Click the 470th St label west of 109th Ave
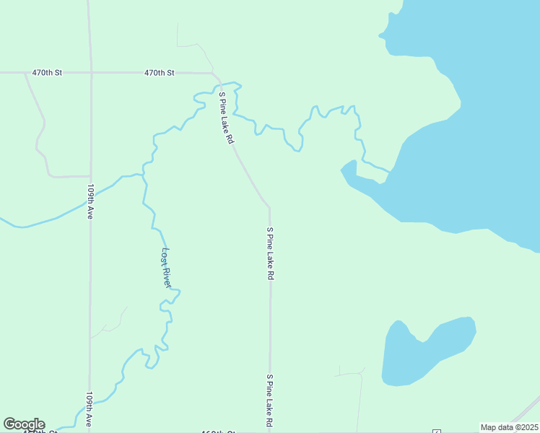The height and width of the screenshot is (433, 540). tap(47, 73)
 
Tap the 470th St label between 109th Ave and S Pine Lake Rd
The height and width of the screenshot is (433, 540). tap(159, 73)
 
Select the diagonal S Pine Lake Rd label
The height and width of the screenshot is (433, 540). tap(226, 117)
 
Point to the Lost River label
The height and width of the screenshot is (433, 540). tap(166, 268)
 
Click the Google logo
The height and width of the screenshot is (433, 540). tap(24, 424)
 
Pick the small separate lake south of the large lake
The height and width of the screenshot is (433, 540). tap(426, 352)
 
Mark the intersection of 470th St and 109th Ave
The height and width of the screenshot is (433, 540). tap(90, 73)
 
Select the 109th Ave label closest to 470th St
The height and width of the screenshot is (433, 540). tap(91, 201)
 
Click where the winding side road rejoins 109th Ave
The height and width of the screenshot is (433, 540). tap(90, 175)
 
